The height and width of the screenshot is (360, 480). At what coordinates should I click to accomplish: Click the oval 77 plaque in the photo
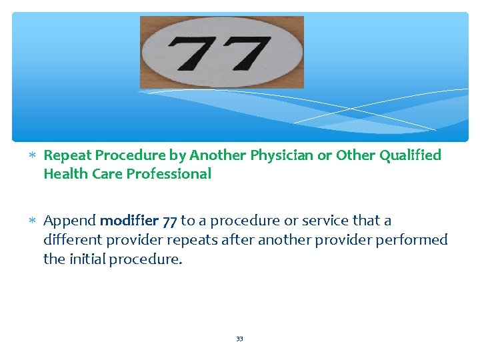point(221,52)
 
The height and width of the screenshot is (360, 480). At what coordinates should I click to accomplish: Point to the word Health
point(63,174)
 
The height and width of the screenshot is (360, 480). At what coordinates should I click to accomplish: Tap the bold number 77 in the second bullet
point(170,221)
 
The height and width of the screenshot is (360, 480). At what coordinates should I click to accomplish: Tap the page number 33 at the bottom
point(239,339)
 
